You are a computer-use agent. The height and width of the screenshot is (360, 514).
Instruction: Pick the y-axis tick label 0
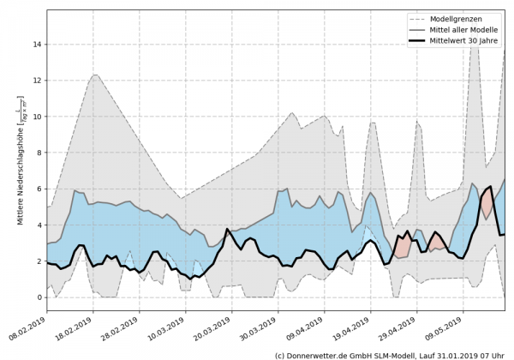point(39,297)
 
